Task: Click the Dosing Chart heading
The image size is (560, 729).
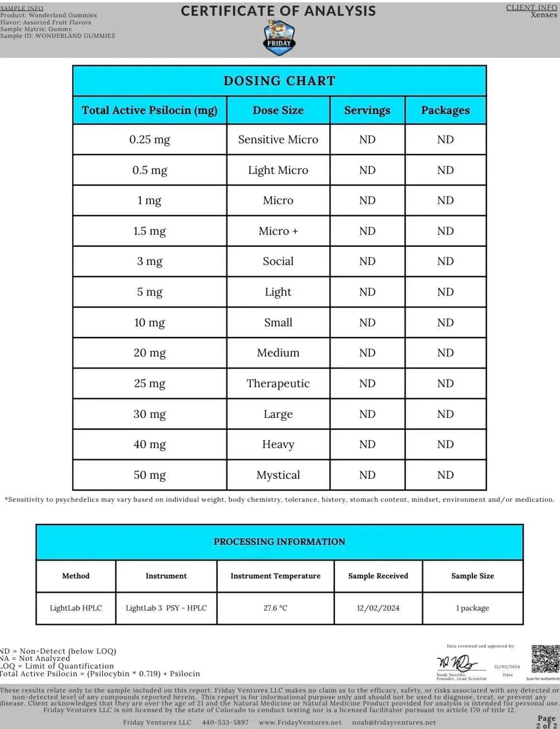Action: coord(280,81)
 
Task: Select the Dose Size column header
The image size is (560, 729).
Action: coord(278,110)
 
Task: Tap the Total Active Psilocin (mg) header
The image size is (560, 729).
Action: coord(149,110)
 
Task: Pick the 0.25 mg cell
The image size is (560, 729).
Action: coord(149,139)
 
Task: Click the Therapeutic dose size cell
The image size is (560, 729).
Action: coord(278,383)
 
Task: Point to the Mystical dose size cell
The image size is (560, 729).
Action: coord(278,475)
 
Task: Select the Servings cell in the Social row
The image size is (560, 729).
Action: coord(367,261)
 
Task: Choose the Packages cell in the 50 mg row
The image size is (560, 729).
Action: coord(445,475)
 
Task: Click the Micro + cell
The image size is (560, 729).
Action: coord(278,231)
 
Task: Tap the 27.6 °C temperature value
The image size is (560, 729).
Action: coord(275,608)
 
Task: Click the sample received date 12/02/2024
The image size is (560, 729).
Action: coord(378,608)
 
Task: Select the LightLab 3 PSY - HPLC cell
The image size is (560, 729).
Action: coord(166,608)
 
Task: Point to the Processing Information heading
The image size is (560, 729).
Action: coord(280,542)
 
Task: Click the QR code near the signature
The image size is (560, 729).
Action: coord(545,659)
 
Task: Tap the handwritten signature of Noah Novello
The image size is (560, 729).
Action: coord(457,663)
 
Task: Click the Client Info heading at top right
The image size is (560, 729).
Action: coord(531,7)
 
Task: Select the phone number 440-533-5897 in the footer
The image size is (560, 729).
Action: coord(225,722)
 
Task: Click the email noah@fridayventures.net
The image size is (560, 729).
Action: coord(394,722)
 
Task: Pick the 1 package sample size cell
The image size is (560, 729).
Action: coord(472,608)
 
